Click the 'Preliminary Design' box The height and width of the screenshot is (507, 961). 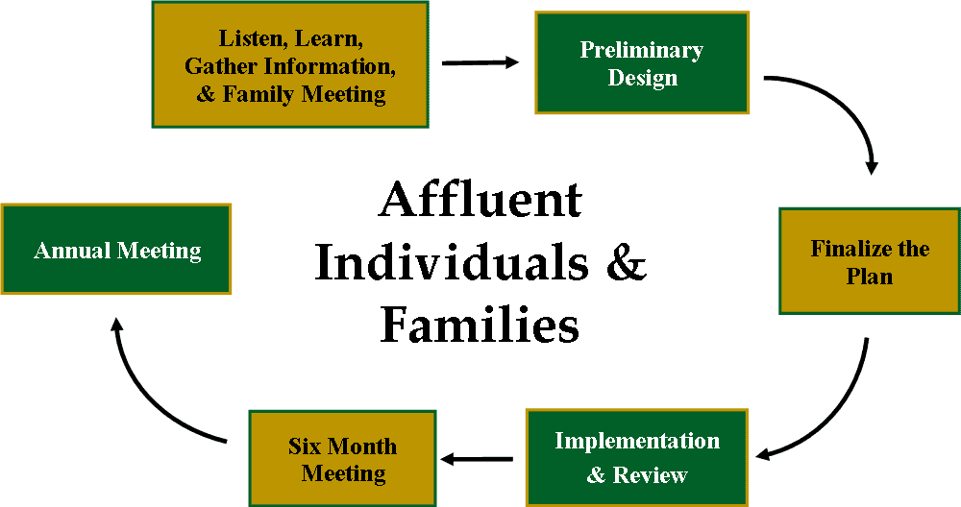click(642, 62)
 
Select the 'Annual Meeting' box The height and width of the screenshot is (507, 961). click(116, 250)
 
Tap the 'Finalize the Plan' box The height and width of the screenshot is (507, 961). click(869, 261)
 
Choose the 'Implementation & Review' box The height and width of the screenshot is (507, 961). click(637, 457)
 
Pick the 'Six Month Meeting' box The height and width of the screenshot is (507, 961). click(343, 459)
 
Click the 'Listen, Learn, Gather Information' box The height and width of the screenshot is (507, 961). click(290, 64)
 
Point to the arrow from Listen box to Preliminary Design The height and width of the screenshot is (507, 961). click(480, 62)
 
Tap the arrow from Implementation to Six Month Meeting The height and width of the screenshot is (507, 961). click(477, 459)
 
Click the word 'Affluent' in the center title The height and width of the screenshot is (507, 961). click(480, 200)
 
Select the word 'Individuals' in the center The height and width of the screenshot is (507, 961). click(453, 261)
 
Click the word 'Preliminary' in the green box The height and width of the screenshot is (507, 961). click(642, 50)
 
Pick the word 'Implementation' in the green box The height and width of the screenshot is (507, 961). click(637, 441)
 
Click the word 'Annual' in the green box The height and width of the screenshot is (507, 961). click(73, 251)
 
